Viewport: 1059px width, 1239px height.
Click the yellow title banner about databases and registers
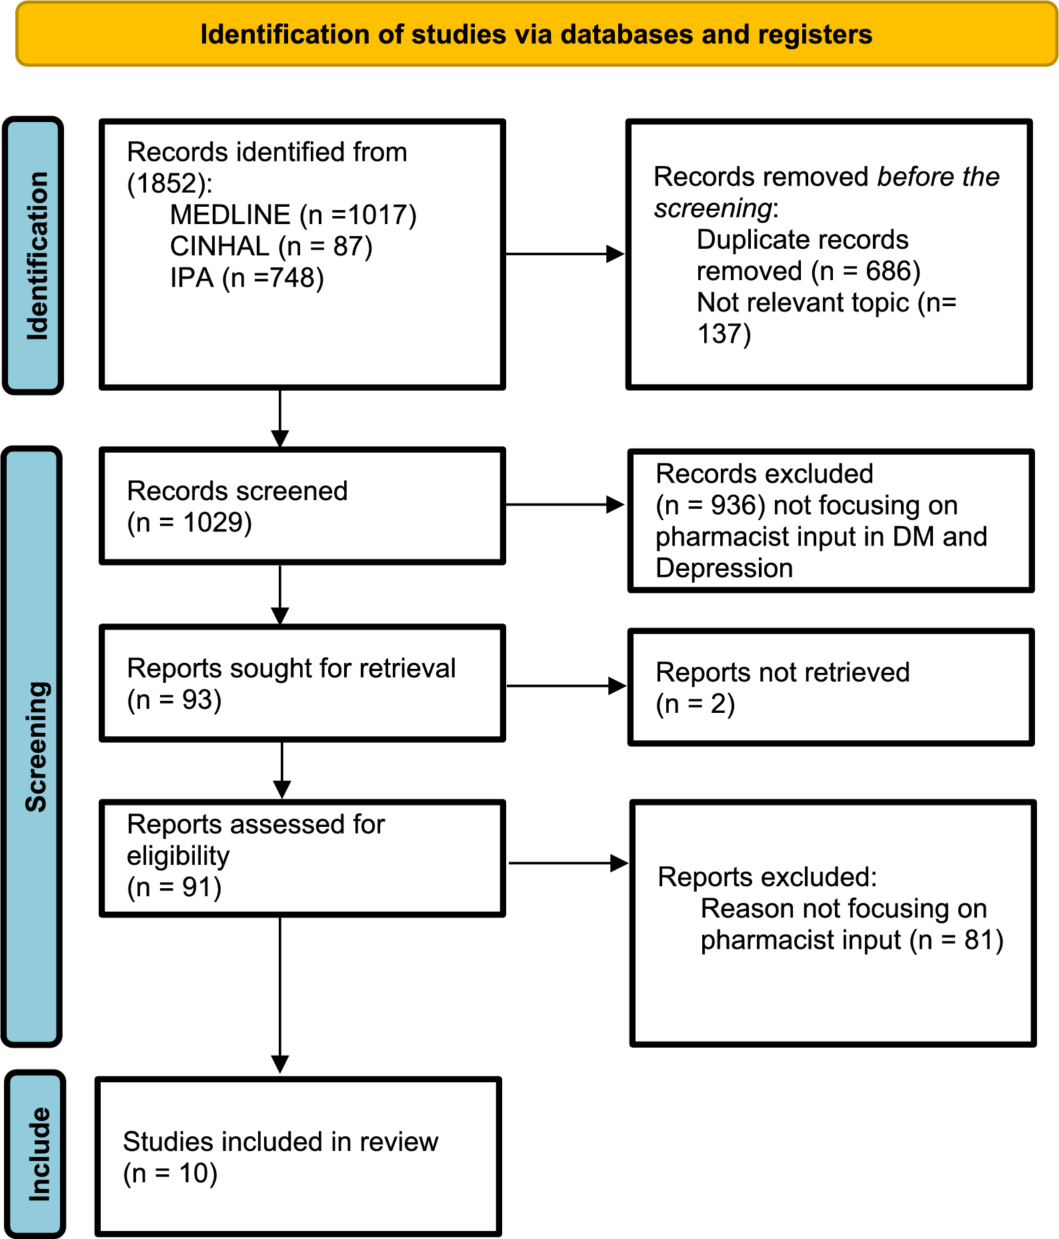[536, 35]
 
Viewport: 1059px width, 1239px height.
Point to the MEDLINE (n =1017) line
[293, 215]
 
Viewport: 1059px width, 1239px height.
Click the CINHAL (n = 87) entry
[271, 247]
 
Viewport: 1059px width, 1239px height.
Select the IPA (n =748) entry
[247, 278]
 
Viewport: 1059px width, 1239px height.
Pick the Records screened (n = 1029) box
[301, 507]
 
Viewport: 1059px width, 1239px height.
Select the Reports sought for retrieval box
[301, 684]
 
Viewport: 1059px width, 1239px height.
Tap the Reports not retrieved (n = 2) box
[830, 688]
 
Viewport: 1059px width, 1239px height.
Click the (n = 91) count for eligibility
[175, 888]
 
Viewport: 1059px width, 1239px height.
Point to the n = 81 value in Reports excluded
[958, 940]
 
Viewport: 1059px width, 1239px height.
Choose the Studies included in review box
[297, 1157]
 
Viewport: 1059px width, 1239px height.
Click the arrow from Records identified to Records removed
[564, 254]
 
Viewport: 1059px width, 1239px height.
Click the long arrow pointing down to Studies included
[280, 994]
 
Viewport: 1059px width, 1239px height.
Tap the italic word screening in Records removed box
[712, 209]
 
